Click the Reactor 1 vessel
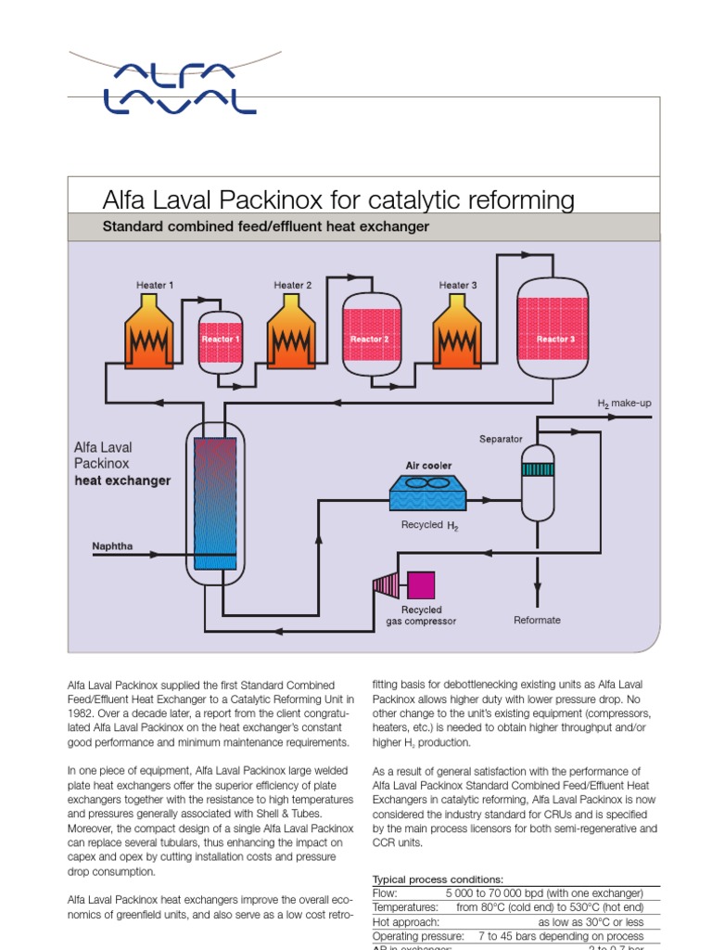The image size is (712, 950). pyautogui.click(x=221, y=340)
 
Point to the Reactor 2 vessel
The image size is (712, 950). pyautogui.click(x=369, y=339)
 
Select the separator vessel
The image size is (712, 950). pyautogui.click(x=536, y=481)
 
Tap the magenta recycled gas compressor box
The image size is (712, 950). pyautogui.click(x=421, y=584)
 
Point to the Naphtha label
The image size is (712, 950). pyautogui.click(x=112, y=546)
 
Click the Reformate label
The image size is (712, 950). pyautogui.click(x=537, y=620)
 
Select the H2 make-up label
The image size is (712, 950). pyautogui.click(x=624, y=404)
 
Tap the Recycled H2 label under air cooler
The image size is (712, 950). pyautogui.click(x=429, y=525)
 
